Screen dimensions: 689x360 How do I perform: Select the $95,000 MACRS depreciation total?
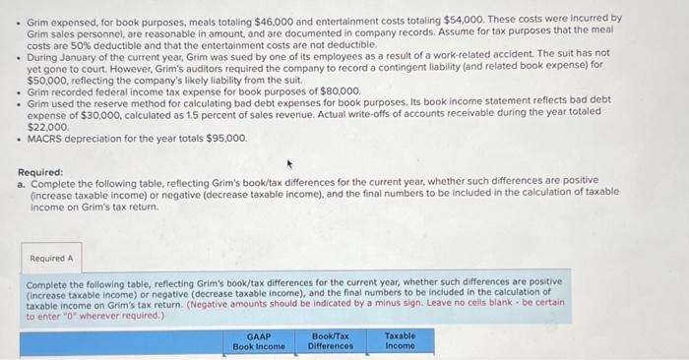point(225,138)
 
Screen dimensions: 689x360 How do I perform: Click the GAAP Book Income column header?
point(259,341)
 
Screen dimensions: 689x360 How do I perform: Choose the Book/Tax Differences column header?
point(331,341)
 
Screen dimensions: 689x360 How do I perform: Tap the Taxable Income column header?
point(400,340)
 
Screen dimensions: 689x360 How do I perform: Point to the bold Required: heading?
point(40,173)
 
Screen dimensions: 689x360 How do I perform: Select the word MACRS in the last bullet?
point(46,138)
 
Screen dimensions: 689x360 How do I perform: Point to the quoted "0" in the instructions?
point(70,317)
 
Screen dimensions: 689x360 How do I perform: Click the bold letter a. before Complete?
point(22,184)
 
